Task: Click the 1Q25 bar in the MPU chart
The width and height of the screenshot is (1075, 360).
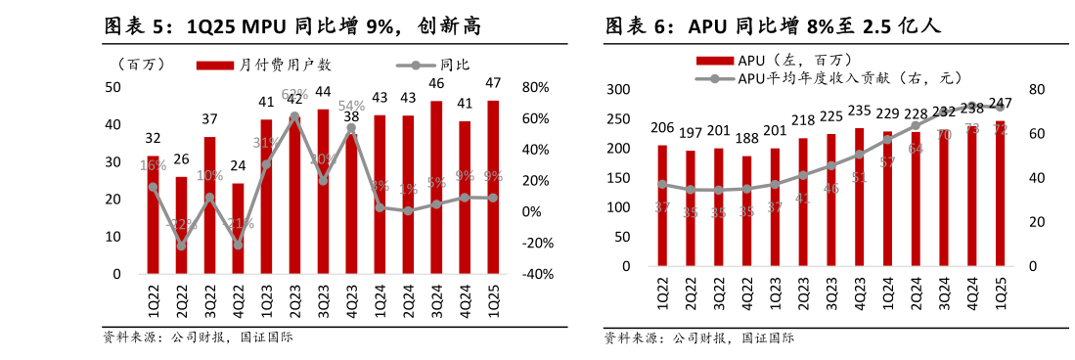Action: [x=492, y=186]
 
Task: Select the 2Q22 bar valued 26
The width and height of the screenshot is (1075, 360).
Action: [x=181, y=225]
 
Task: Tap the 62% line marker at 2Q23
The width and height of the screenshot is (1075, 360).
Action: [x=294, y=116]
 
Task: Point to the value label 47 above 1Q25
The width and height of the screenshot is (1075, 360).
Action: [x=493, y=82]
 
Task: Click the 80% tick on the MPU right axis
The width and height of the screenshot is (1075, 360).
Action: [x=536, y=87]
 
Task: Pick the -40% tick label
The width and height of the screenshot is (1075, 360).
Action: [x=537, y=275]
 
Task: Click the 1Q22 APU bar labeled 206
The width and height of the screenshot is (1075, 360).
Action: [x=662, y=205]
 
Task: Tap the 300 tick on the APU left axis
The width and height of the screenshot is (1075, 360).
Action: [x=617, y=90]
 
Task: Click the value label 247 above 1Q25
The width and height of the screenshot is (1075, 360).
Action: [x=1000, y=104]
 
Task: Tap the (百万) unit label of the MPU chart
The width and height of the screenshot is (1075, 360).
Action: [x=140, y=66]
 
